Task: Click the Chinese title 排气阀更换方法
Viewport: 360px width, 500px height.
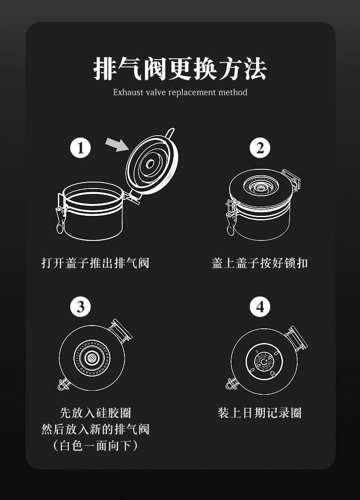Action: [180, 69]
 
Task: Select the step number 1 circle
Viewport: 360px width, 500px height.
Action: [80, 148]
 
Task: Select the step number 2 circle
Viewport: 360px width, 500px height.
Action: [260, 148]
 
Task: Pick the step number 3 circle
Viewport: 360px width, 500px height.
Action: [80, 307]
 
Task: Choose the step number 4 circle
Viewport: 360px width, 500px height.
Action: [260, 307]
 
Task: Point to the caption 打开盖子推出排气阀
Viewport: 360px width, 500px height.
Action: [95, 263]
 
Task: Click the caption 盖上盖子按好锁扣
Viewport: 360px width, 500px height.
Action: [259, 263]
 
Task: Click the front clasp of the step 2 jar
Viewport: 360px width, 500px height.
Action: [231, 217]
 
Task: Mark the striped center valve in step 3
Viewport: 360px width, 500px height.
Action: [92, 358]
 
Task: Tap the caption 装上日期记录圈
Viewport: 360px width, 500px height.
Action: [259, 413]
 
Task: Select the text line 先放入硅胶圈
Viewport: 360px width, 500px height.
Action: [95, 413]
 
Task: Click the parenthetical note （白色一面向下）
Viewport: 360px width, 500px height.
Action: [95, 445]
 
